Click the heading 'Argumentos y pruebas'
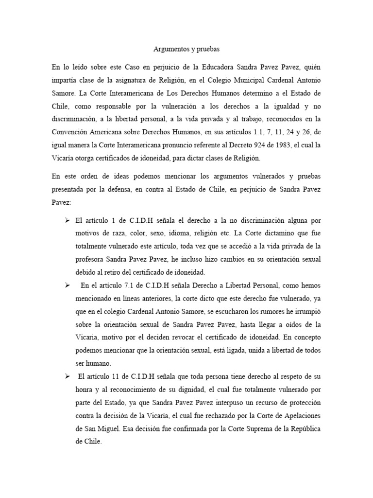coord(186,49)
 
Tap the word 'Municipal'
coord(239,79)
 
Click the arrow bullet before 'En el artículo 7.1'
coord(68,285)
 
